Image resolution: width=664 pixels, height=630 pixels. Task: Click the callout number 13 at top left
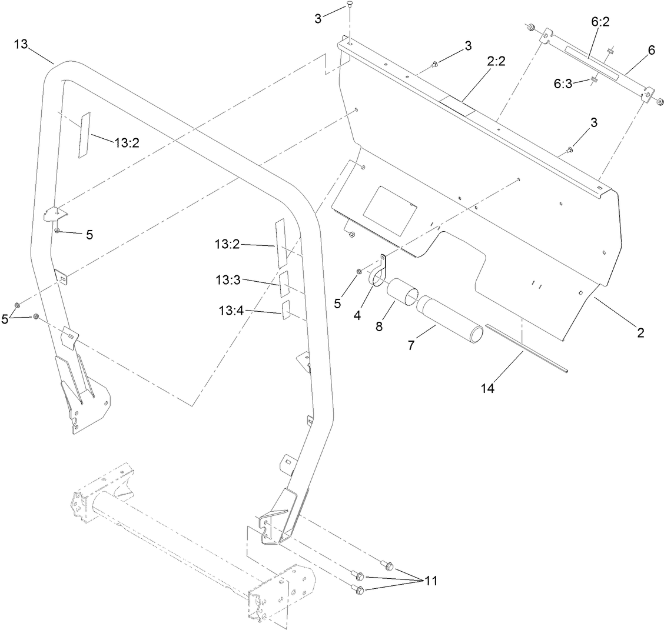(20, 45)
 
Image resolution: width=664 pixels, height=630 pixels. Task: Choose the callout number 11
(431, 581)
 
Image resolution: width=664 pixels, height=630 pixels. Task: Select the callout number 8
(379, 325)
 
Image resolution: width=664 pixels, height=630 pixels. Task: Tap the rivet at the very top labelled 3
(350, 6)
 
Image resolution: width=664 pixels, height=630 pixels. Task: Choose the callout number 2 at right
(640, 333)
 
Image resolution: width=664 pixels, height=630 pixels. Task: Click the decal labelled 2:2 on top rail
(459, 105)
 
